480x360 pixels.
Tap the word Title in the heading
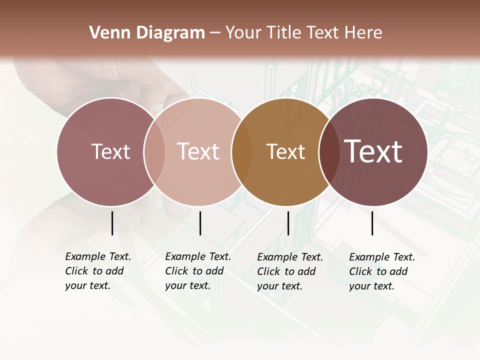coord(284,33)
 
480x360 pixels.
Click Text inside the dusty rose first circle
coord(110,151)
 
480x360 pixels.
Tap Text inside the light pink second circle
coord(198,151)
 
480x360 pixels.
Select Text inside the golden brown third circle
coord(285,151)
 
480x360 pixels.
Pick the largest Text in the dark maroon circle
coord(373,151)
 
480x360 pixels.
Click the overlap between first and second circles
coord(154,152)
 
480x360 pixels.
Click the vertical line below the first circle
coord(112,223)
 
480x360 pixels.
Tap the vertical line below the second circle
coord(200,223)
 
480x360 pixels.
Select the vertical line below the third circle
coord(288,223)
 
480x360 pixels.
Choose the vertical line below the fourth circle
coord(372,223)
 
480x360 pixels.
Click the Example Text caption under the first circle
coord(97,271)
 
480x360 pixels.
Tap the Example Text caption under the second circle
coord(197,271)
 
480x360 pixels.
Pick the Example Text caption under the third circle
coord(289,271)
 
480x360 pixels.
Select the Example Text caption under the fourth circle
coord(381,271)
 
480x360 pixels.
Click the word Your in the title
coord(243,33)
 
